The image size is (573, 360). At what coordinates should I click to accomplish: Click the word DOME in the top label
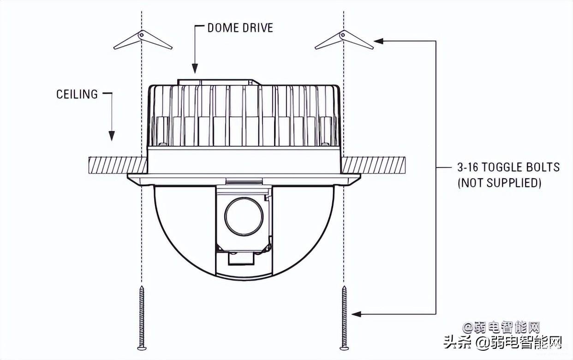coord(222,28)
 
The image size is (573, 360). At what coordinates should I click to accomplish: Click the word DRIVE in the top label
coord(258,28)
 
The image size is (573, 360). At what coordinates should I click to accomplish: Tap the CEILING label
coord(77,94)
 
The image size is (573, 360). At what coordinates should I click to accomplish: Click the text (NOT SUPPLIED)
coord(499,183)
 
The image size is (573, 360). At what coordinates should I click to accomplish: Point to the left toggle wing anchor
coord(143,39)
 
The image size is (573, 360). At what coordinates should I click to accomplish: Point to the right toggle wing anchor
coord(344,39)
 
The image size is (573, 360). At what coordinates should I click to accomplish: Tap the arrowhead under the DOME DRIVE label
coord(195,68)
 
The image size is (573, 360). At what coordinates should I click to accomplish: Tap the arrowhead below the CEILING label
coord(112,136)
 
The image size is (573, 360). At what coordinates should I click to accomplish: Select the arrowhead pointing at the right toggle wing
coord(379,41)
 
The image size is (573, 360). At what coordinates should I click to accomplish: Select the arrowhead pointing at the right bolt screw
coord(357,314)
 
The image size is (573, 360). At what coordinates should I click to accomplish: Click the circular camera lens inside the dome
coord(244,216)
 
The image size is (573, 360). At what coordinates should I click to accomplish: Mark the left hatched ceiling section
coord(118,165)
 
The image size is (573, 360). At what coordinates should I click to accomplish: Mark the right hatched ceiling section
coord(374,165)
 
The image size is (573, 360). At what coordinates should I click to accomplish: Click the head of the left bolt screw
coord(142,348)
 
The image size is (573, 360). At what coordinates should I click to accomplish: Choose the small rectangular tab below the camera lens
coord(241,258)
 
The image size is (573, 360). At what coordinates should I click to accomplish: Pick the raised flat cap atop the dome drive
coord(219,82)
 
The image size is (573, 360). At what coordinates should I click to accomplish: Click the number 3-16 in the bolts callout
coord(468,167)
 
